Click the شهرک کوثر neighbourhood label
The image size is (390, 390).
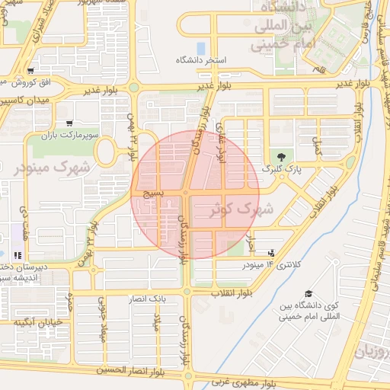click(x=245, y=207)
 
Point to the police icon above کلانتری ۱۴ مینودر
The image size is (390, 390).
click(x=273, y=252)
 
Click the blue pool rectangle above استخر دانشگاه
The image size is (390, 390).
click(x=200, y=47)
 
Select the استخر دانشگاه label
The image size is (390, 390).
click(x=201, y=59)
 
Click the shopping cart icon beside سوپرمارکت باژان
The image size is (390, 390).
click(x=69, y=123)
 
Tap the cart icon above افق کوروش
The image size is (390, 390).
click(x=30, y=70)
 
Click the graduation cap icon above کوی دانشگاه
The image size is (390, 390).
click(x=308, y=294)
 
